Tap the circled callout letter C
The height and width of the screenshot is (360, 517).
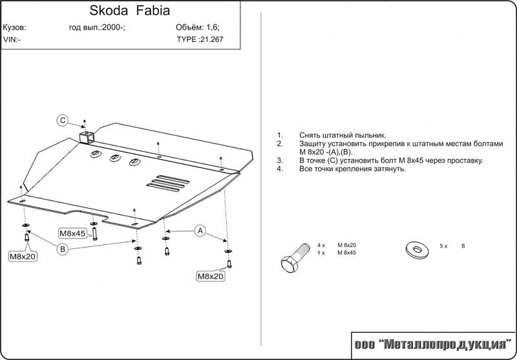tap(63, 120)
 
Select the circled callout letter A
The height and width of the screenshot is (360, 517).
tap(200, 231)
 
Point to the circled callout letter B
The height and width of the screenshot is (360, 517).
tap(63, 249)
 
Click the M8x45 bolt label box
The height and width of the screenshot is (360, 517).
tap(74, 233)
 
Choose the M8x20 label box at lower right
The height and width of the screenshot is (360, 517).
tap(210, 276)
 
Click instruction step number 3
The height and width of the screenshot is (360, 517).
tap(280, 160)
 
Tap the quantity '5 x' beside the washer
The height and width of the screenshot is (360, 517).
tap(443, 246)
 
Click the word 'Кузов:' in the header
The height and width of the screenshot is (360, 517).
tap(14, 28)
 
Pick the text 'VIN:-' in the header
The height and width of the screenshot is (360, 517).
tap(12, 39)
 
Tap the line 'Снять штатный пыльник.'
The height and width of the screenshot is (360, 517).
tap(343, 135)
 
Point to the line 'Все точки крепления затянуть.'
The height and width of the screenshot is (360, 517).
tap(352, 169)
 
